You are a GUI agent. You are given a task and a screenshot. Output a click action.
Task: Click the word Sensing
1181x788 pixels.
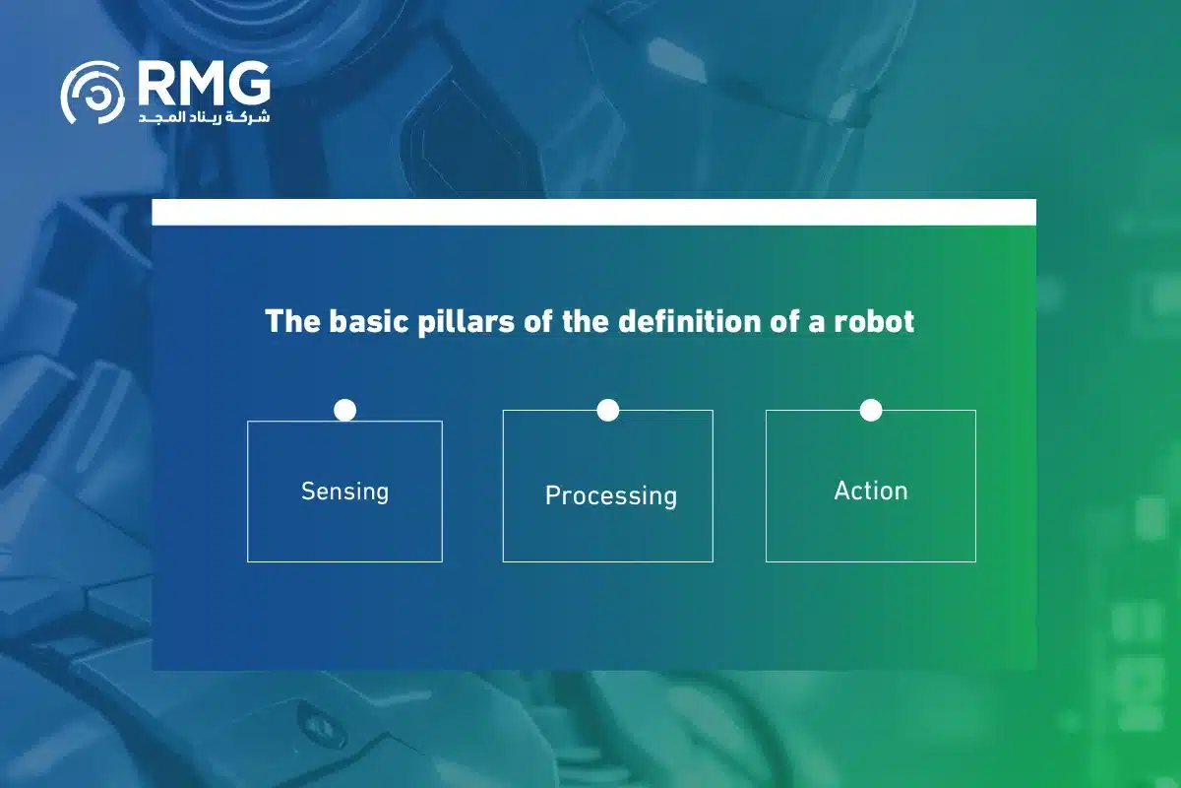pos(344,492)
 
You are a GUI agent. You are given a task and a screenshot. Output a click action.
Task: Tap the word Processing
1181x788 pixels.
pos(611,496)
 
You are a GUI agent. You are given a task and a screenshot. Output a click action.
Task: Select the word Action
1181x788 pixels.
pos(871,491)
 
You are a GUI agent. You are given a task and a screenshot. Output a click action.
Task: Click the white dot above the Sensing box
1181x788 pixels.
pos(344,410)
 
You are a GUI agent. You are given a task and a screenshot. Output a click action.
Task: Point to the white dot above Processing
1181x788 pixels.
pos(608,410)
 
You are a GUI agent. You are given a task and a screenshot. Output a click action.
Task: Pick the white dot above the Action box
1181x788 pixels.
pos(871,410)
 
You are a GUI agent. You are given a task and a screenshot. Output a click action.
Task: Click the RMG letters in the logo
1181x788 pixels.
pos(205,84)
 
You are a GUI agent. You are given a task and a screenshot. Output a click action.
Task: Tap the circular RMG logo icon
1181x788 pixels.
pos(93,93)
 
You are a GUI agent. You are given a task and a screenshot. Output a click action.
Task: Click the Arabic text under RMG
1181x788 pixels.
pos(204,117)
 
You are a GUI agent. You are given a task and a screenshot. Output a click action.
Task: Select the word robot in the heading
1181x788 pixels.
pos(874,321)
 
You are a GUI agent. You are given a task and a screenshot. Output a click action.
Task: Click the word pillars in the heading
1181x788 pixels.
pos(466,321)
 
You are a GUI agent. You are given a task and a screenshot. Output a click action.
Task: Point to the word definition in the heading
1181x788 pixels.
pos(685,321)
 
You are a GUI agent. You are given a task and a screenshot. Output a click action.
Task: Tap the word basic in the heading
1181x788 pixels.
pos(368,321)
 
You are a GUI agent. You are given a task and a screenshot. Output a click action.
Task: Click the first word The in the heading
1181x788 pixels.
pos(292,321)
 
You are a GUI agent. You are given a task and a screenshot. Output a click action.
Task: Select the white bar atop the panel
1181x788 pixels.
pos(593,212)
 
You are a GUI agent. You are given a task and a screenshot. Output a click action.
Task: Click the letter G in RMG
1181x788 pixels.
pos(250,84)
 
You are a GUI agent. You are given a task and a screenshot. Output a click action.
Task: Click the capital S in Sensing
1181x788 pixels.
pos(308,492)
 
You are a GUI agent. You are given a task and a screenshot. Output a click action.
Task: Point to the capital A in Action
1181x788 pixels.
pos(842,491)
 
